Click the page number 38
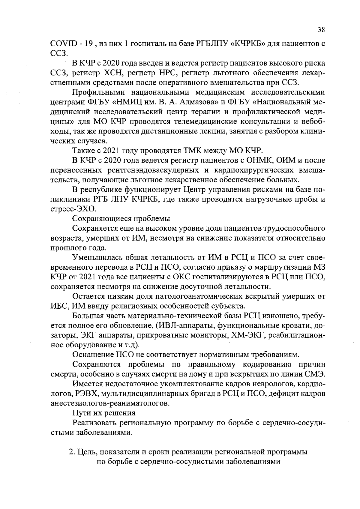coord(321,30)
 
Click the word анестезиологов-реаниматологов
coord(110,403)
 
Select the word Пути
coord(81,413)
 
